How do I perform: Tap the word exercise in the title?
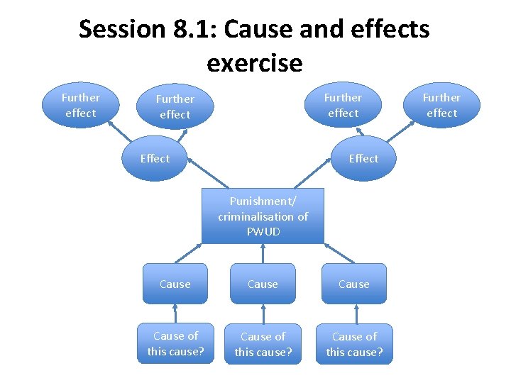tap(254, 64)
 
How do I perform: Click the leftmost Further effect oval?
tap(80, 105)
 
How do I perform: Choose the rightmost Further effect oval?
tap(441, 105)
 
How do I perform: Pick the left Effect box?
tap(155, 158)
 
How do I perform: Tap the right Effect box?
tap(363, 158)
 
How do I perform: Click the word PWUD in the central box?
tap(263, 232)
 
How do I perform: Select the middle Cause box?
tap(263, 284)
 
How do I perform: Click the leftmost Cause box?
tap(175, 284)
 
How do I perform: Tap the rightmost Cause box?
tap(353, 284)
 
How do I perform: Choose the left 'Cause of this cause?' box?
tap(175, 343)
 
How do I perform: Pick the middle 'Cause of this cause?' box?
tap(263, 344)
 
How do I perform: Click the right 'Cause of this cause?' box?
tap(353, 344)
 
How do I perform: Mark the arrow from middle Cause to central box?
tap(263, 254)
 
